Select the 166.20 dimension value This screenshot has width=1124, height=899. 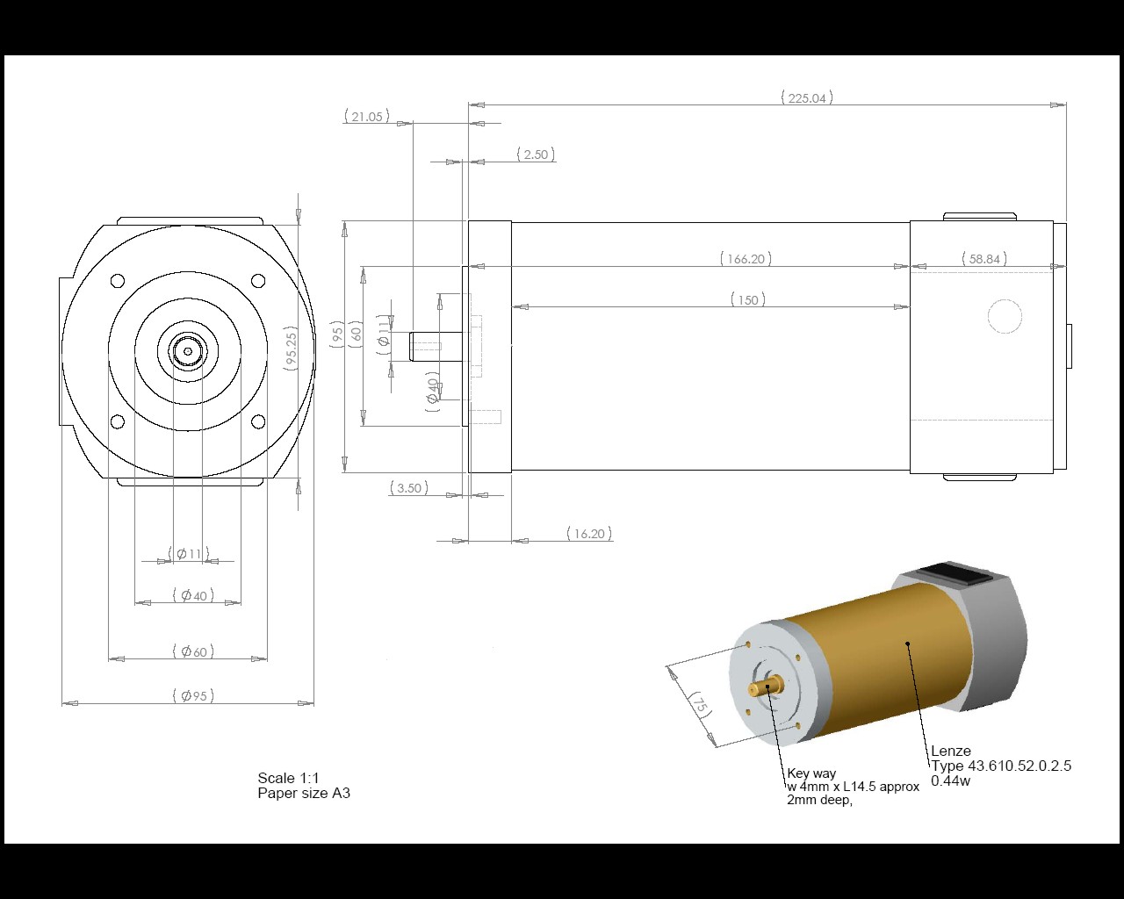746,259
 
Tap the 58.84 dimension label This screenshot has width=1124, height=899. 983,259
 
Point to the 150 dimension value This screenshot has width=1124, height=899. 747,300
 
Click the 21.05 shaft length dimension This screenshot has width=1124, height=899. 366,116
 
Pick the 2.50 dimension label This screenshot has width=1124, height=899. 535,155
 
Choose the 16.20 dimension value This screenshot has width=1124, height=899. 588,533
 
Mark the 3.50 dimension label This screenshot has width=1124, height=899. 408,487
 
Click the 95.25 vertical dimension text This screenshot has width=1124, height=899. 292,349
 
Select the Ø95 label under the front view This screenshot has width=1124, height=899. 193,695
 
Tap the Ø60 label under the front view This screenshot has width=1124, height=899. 193,651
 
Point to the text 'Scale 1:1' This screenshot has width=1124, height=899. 288,778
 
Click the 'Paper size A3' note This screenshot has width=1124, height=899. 304,794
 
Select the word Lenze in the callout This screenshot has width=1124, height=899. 951,752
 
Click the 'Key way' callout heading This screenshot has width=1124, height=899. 811,773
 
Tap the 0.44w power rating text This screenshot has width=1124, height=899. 950,780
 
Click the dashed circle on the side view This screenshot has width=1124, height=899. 1005,316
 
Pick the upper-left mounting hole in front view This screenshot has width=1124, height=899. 118,281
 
